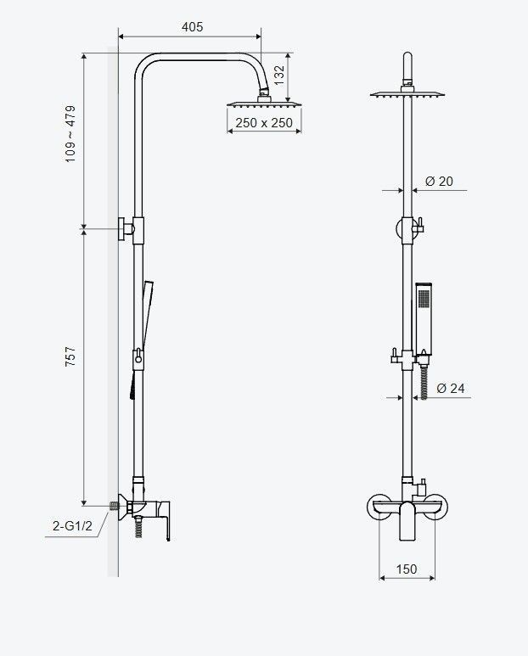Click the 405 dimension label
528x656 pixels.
(192, 27)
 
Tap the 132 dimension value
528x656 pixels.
(279, 76)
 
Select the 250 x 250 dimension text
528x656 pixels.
(264, 123)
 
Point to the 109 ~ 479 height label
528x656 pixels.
(70, 134)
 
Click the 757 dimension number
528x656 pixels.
(70, 356)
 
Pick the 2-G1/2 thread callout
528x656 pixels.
(72, 525)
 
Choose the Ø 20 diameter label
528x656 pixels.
(439, 181)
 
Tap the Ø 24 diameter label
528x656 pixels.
(451, 388)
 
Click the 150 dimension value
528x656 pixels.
(407, 569)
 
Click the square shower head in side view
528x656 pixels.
(264, 103)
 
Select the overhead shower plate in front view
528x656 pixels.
(407, 94)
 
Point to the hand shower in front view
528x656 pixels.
(424, 317)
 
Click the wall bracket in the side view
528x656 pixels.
(126, 229)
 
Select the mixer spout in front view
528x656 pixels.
(407, 521)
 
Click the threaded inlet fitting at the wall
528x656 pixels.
(114, 506)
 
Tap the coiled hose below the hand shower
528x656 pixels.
(424, 382)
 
